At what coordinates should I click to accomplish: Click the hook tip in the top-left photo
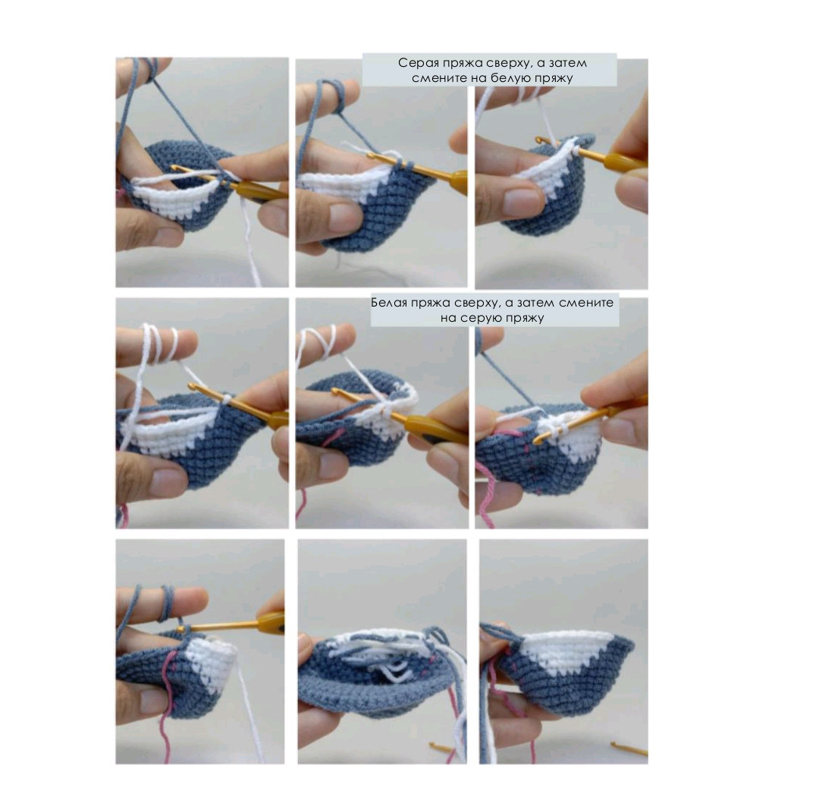pos(174,168)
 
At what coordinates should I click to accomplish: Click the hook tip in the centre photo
pos(335,391)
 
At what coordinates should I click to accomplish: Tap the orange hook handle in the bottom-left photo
pos(271,621)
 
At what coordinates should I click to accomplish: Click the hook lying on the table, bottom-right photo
pos(629,748)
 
